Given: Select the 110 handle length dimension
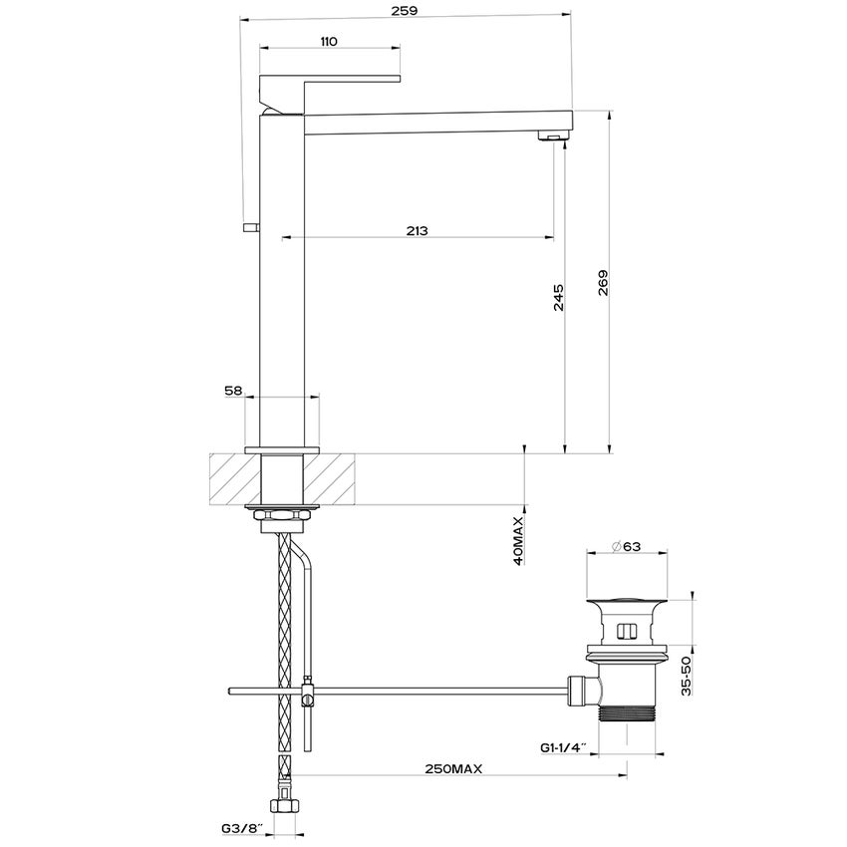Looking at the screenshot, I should [x=330, y=41].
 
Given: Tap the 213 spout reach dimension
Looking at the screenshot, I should [x=418, y=230].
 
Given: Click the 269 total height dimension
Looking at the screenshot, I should [x=603, y=284].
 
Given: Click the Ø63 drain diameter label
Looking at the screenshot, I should [x=625, y=545].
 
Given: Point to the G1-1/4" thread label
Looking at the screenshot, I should [x=564, y=746].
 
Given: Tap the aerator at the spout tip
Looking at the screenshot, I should [x=550, y=135].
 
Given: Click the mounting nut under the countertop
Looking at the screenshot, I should [x=282, y=516].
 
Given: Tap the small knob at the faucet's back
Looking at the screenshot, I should [x=249, y=228].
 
